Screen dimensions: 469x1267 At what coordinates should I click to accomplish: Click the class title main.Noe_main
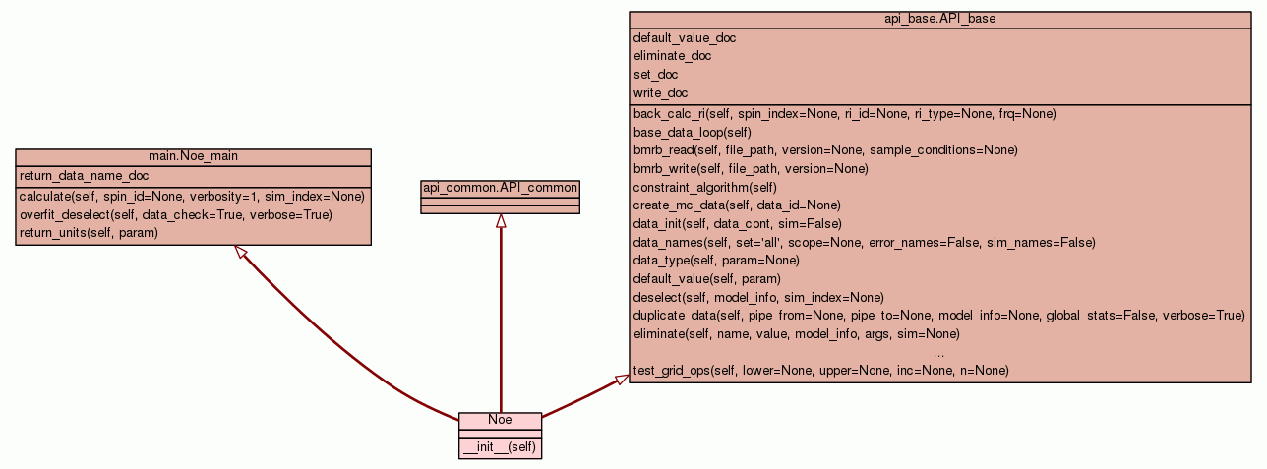pyautogui.click(x=193, y=156)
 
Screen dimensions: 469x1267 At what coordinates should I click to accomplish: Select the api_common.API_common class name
pyautogui.click(x=500, y=188)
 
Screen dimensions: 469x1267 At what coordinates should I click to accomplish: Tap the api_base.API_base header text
pyautogui.click(x=939, y=19)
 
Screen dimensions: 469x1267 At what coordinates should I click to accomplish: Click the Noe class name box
pyautogui.click(x=500, y=420)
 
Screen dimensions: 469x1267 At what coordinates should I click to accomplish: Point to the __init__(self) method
pyautogui.click(x=500, y=447)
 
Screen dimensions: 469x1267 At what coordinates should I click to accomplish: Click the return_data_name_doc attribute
pyautogui.click(x=84, y=176)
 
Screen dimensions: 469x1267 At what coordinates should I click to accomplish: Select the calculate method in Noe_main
pyautogui.click(x=192, y=197)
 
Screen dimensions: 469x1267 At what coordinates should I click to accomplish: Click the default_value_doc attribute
pyautogui.click(x=685, y=38)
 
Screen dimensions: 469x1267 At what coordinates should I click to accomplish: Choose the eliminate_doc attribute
pyautogui.click(x=673, y=56)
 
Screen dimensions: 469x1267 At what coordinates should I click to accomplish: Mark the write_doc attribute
pyautogui.click(x=661, y=93)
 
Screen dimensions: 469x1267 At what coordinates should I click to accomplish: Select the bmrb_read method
pyautogui.click(x=825, y=150)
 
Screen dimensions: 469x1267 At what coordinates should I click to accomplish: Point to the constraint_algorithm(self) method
pyautogui.click(x=705, y=187)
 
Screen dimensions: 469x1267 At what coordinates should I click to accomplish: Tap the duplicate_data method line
pyautogui.click(x=938, y=316)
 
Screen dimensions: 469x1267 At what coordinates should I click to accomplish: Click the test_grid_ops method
pyautogui.click(x=820, y=371)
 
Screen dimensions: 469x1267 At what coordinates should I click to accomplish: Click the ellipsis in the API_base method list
pyautogui.click(x=938, y=353)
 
